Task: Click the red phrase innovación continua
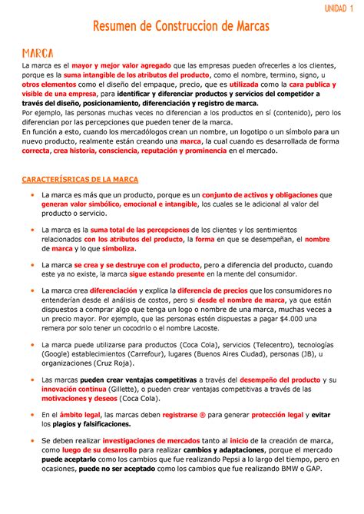coord(71,390)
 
